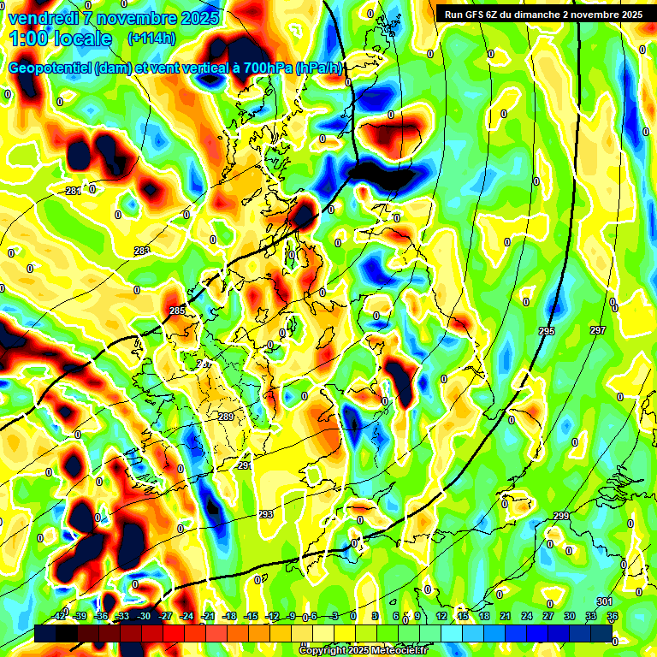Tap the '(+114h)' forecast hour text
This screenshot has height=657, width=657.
point(151,38)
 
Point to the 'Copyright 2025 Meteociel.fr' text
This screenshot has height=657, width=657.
point(364,651)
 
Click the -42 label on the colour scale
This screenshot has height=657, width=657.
point(59,616)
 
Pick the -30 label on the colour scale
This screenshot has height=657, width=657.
point(144,616)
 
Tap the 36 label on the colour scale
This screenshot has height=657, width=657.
point(613,616)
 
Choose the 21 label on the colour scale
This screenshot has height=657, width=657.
point(506,616)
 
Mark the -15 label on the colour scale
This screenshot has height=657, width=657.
point(251,616)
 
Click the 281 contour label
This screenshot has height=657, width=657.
point(73,190)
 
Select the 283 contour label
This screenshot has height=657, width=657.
point(142,251)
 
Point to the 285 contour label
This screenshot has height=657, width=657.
point(177,311)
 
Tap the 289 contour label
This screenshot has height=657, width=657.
point(226,417)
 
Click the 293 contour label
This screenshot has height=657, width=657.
point(265,514)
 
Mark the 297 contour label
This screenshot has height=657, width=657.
point(598,330)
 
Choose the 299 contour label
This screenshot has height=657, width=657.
point(561,516)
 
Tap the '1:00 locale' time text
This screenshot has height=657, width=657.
point(60,38)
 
